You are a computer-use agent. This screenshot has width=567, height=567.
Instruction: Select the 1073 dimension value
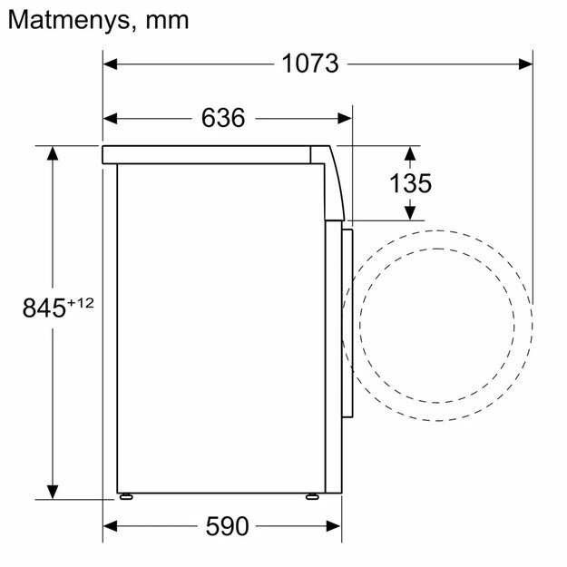pos(309,64)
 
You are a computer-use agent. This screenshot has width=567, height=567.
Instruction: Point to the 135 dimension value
pos(410,182)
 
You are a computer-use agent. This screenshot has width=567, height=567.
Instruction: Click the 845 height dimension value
pos(43,308)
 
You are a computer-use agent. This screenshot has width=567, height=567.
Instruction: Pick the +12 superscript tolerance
pos(80,302)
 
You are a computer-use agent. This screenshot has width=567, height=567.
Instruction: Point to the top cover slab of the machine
pos(213,153)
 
